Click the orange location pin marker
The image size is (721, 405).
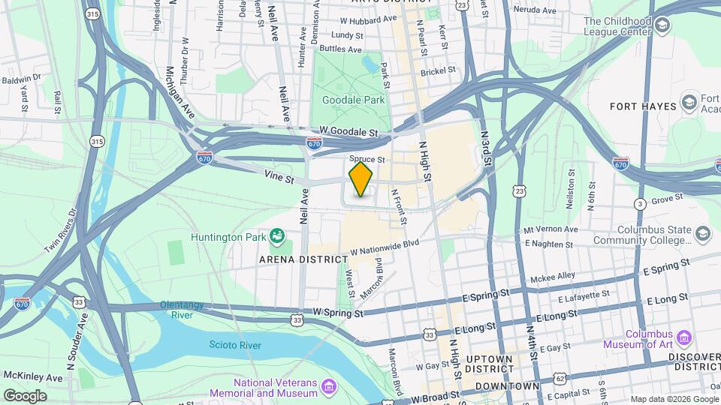click(x=360, y=179)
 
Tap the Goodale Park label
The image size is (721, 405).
click(x=353, y=100)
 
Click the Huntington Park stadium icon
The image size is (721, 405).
click(x=277, y=237)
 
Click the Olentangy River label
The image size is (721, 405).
click(x=187, y=310)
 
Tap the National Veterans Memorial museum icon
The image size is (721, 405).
click(x=328, y=387)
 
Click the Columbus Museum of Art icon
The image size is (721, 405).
click(x=683, y=335)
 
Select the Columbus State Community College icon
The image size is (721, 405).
click(x=702, y=234)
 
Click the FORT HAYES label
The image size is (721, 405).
click(x=643, y=106)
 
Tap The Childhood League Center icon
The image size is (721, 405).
click(x=662, y=27)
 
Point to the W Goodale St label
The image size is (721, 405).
click(x=347, y=130)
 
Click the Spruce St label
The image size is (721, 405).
click(x=367, y=160)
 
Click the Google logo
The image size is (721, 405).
click(x=26, y=395)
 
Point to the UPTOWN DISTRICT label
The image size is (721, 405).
click(x=488, y=364)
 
